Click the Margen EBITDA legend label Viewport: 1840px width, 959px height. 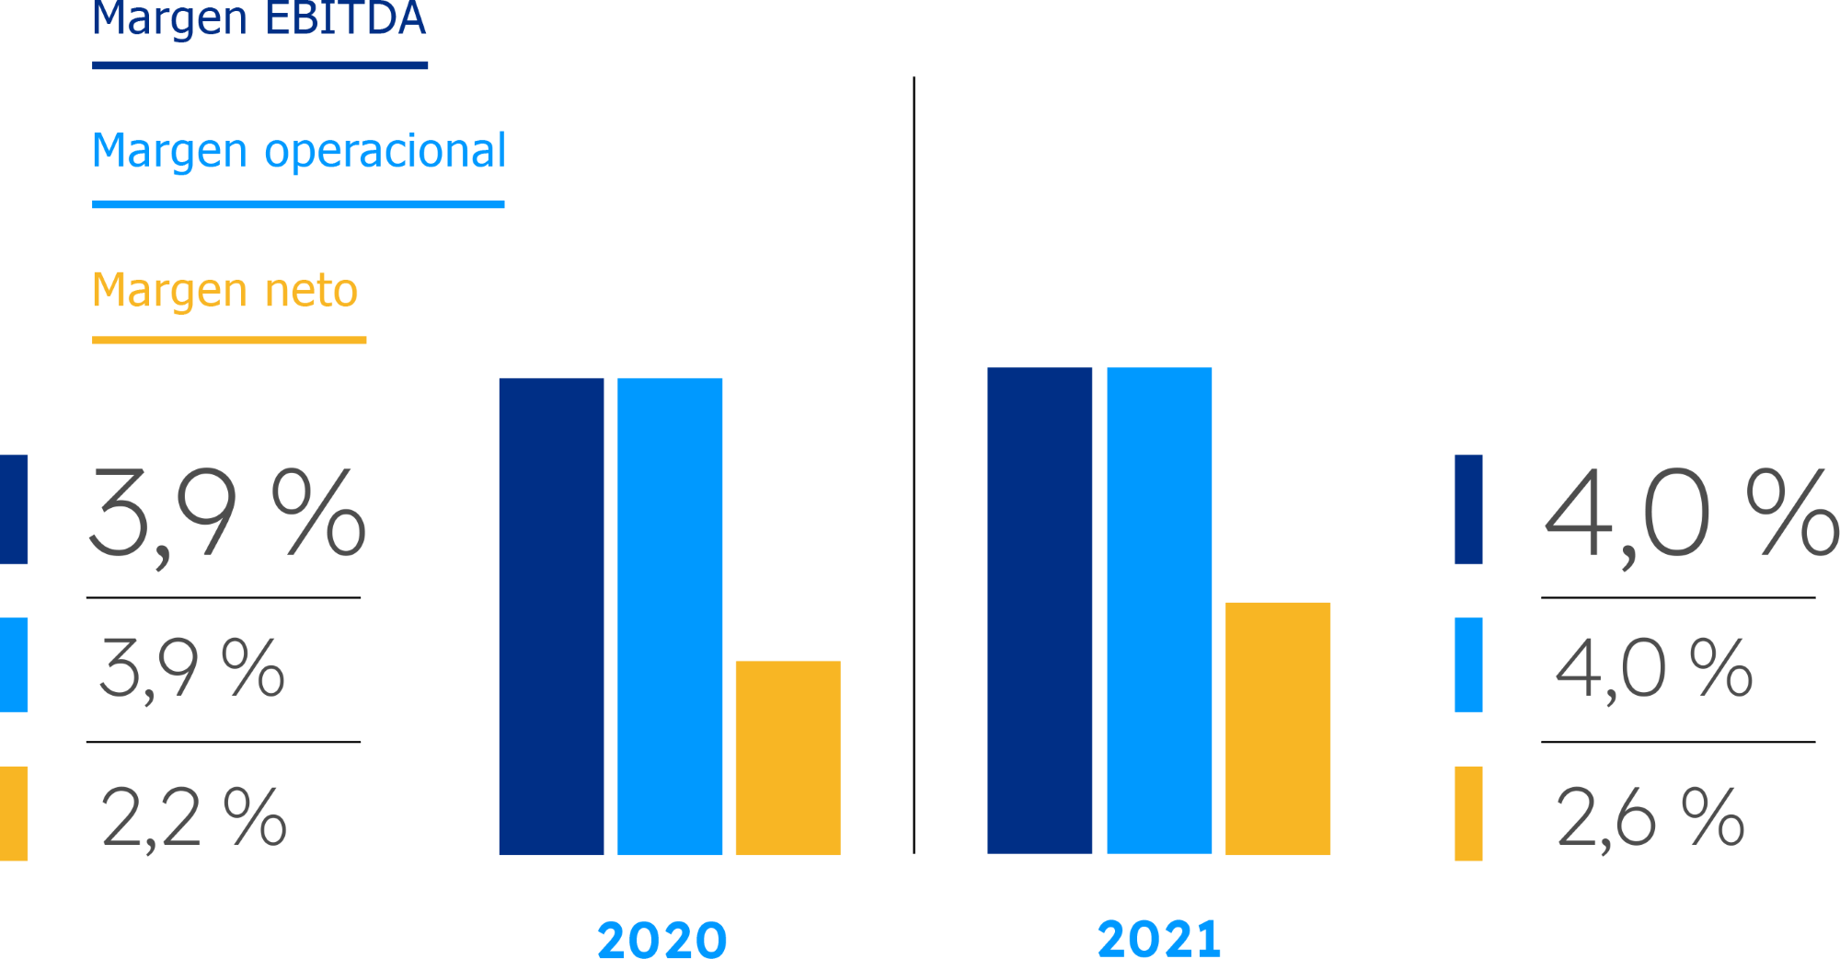(x=259, y=18)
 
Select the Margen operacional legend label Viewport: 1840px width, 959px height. (x=299, y=151)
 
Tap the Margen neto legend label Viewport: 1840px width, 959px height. (x=224, y=291)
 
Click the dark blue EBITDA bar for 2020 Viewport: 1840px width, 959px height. (x=551, y=616)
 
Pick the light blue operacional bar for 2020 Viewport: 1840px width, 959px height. (x=670, y=616)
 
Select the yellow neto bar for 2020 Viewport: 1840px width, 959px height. (x=788, y=757)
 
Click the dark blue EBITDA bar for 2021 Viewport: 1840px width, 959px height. (x=1040, y=610)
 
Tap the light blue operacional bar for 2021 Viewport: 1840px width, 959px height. (x=1159, y=610)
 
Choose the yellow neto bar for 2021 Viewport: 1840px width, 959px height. (x=1278, y=728)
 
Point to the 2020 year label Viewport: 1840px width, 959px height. (x=661, y=939)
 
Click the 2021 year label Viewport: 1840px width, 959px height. (x=1159, y=939)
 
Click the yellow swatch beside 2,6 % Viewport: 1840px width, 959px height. (x=1468, y=814)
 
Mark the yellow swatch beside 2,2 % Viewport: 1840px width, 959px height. (x=14, y=814)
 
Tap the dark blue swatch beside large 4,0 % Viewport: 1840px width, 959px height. (x=1468, y=509)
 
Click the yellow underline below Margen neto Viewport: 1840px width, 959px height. (x=229, y=341)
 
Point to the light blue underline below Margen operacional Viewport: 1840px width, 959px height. (x=298, y=204)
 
